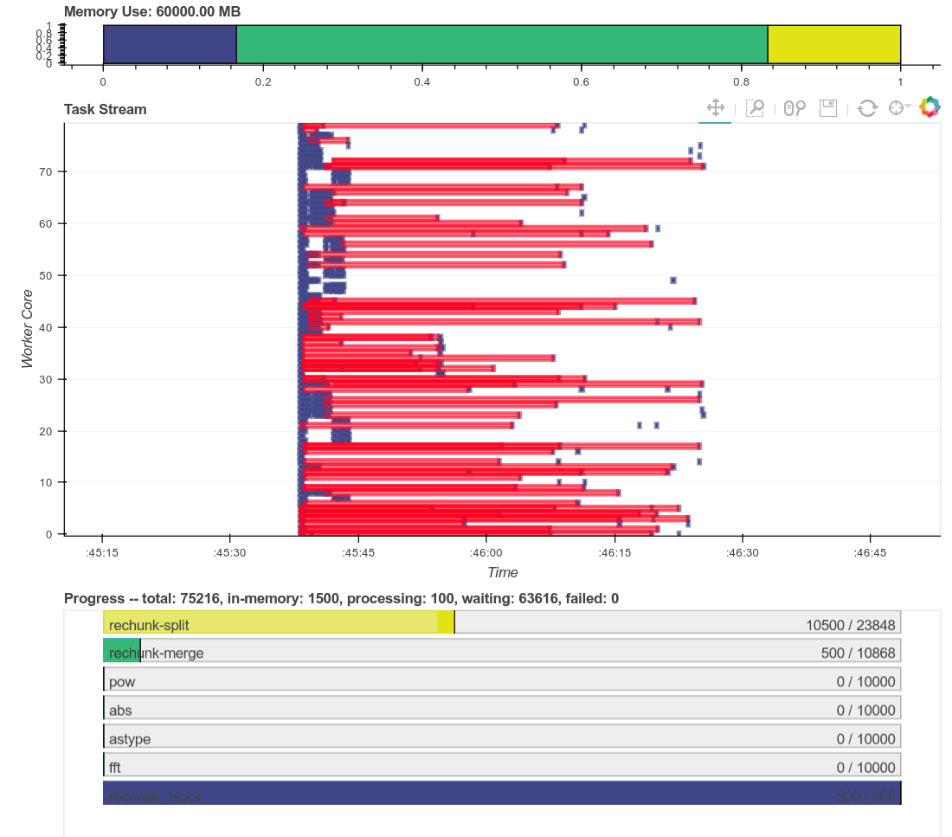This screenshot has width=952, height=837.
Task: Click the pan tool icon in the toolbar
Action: pos(715,107)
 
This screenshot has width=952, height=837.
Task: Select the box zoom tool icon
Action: pos(755,107)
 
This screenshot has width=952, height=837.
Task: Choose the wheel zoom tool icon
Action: pos(794,107)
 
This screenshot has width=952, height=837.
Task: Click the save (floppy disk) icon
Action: pos(828,107)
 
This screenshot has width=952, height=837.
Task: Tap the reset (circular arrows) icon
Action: pos(867,107)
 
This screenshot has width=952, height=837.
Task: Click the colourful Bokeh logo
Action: pos(929,107)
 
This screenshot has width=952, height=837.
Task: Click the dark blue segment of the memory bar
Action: pos(170,44)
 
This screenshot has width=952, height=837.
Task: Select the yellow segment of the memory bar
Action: pos(834,44)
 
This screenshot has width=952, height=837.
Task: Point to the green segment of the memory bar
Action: pos(502,44)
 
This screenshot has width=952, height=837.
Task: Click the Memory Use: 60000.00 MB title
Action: pos(152,12)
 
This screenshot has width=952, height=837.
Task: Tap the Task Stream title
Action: pos(106,109)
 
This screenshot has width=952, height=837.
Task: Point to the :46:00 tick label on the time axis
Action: pos(486,552)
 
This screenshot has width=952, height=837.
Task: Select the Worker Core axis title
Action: pos(28,328)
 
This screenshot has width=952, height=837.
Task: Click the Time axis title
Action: pos(502,572)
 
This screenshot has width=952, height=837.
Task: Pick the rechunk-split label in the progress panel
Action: pos(149,625)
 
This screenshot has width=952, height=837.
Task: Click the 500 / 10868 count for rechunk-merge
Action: pos(858,653)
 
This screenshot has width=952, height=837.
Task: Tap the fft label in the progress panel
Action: pos(116,767)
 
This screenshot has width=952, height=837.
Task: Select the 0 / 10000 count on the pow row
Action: pos(865,681)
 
